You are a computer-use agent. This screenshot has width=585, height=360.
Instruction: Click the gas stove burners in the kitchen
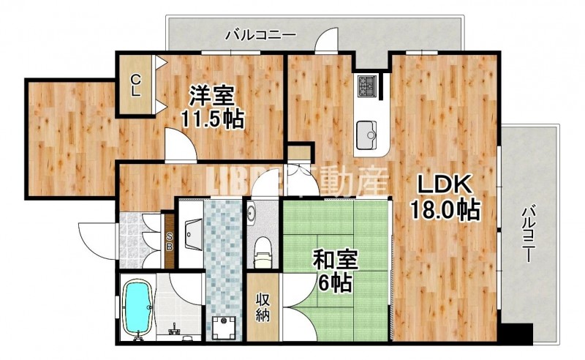pos(366,86)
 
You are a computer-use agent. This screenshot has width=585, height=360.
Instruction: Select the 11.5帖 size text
pos(212,119)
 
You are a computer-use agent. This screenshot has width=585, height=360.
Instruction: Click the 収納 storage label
pos(262,307)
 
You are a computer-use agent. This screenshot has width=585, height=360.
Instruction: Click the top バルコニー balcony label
pos(260,33)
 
